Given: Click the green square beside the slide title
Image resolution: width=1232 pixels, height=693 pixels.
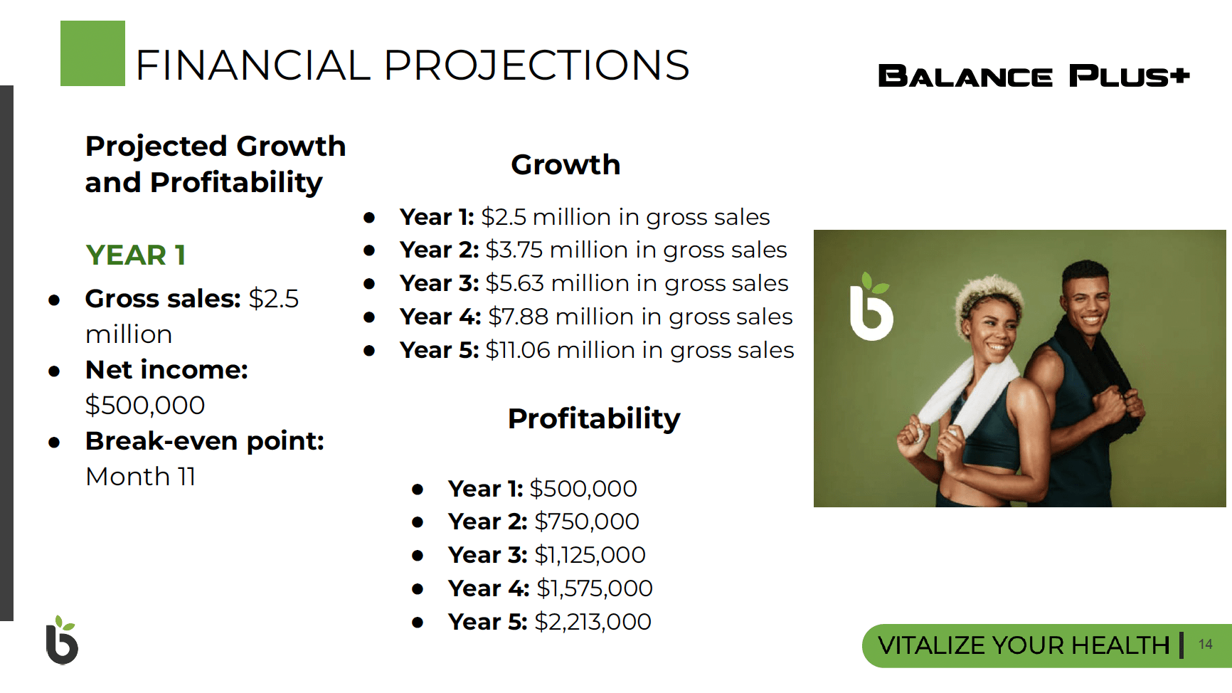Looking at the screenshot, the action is pos(92,53).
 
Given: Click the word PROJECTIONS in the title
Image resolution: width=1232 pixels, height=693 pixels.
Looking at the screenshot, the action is pos(536,65).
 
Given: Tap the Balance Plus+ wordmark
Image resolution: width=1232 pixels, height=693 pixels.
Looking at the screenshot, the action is pos(1034,76).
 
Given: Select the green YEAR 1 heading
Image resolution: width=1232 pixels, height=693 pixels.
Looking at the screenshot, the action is pos(136,255).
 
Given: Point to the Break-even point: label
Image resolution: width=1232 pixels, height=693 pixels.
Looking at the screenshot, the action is pos(205,441).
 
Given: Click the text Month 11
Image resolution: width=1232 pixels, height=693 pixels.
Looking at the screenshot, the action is pos(140,477).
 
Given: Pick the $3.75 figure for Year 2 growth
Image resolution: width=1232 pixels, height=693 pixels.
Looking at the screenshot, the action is pos(514,250).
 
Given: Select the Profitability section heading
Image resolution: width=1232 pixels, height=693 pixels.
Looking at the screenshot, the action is pos(594,419).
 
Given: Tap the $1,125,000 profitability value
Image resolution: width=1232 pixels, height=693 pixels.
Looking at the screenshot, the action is pos(590,555).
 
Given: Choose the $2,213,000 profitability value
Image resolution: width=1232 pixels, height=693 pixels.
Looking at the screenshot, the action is pos(593,622).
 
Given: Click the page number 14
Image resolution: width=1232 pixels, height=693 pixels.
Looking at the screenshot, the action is pos(1205,645).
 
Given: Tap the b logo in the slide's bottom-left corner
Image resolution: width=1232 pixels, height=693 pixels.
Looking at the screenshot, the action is pos(62,640).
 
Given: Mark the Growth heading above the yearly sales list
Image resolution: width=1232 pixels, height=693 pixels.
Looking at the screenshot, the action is pos(565,165).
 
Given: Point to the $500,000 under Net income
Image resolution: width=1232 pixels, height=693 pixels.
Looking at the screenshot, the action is pos(145,406).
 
